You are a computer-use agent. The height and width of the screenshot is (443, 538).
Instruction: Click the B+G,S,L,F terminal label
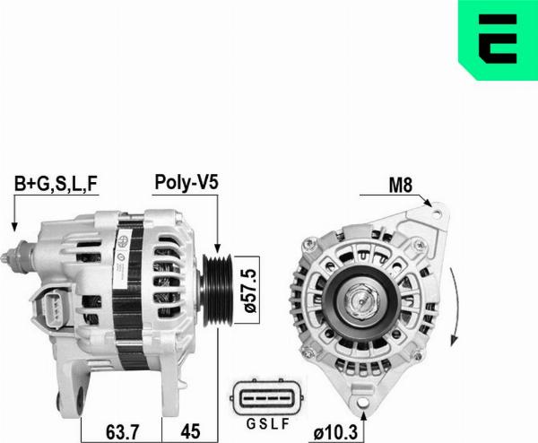click(56, 184)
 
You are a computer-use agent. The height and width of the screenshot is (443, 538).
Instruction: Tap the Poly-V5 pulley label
click(187, 182)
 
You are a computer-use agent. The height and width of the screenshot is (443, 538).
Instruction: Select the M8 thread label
click(400, 186)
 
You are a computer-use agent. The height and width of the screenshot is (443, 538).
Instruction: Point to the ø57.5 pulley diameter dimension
click(250, 291)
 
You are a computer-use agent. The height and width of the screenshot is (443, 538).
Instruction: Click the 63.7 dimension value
click(123, 431)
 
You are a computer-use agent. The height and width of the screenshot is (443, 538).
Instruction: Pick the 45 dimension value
click(190, 431)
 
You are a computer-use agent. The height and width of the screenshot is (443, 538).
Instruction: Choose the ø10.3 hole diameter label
click(335, 433)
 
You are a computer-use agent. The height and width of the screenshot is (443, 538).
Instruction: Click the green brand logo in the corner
click(498, 39)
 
